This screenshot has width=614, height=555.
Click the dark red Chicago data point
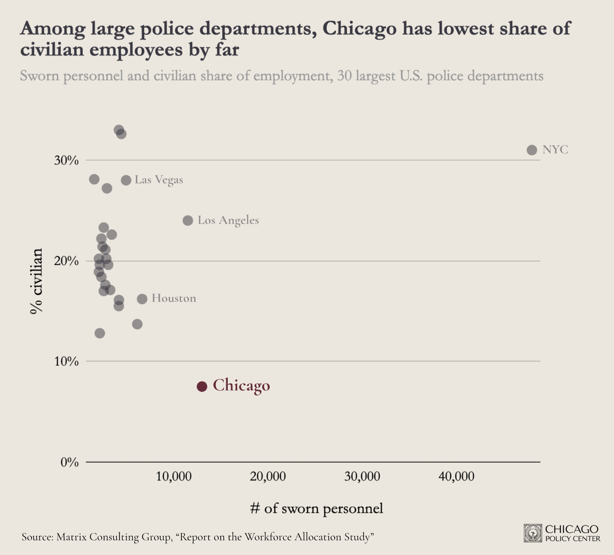coord(202,386)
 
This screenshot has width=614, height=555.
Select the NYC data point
coord(532,150)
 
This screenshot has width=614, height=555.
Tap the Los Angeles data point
coord(188,221)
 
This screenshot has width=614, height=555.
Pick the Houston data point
coord(142,299)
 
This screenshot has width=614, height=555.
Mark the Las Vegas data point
coord(126,180)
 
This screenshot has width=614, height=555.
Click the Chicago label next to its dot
coord(241,386)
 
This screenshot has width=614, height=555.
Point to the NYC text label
coord(555,150)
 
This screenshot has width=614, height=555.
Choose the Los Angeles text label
coord(228,220)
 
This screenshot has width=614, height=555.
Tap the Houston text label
coord(174,298)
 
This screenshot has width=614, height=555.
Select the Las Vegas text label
coord(159,180)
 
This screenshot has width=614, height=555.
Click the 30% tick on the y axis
coord(66,160)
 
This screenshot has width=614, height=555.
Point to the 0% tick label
coord(69,462)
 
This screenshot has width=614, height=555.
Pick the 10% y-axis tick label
coord(66,361)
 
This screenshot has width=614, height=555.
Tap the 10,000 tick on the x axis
coord(174,476)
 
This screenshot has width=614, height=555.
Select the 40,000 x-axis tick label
coord(456,476)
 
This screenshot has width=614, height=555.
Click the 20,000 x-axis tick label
coord(268,476)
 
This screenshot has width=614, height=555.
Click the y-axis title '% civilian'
coord(37,281)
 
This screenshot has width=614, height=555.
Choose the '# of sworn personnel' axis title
coord(316,508)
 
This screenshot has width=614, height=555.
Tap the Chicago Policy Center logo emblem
coord(533,533)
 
